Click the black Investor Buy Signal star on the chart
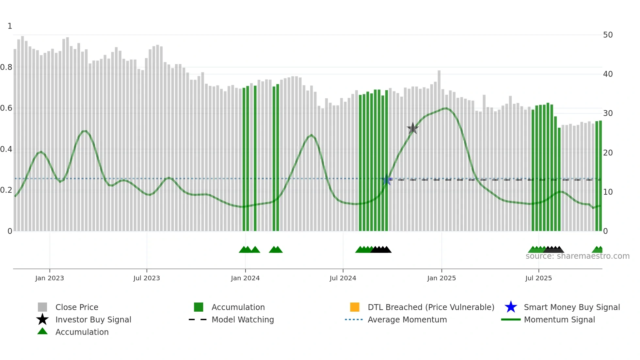(x=413, y=128)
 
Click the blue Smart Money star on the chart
(x=387, y=180)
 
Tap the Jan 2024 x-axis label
(x=245, y=278)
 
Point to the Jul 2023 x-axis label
(x=147, y=278)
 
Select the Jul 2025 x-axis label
(x=538, y=278)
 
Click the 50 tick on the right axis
(x=608, y=35)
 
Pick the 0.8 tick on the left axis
(x=7, y=67)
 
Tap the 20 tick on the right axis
(x=608, y=153)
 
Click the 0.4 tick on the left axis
(x=7, y=149)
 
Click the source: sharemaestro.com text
(x=577, y=256)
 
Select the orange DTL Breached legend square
(x=355, y=307)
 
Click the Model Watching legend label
(x=243, y=319)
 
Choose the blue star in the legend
(x=511, y=307)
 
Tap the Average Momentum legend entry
(x=407, y=319)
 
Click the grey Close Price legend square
(x=42, y=307)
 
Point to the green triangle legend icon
(x=42, y=331)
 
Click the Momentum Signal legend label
(x=559, y=319)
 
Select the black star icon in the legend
(x=42, y=319)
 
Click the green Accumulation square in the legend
(x=199, y=307)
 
